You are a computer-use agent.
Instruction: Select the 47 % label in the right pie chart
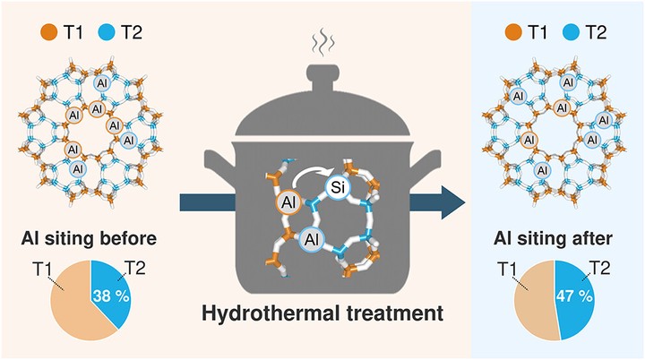pos(573,294)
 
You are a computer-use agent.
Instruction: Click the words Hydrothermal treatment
pos(322,314)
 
